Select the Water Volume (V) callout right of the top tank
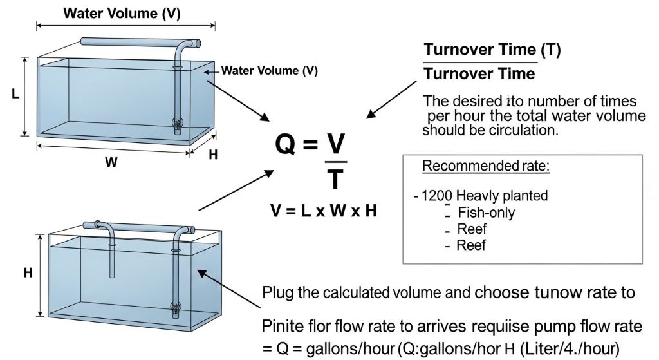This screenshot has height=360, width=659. click(270, 71)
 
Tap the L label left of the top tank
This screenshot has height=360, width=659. click(15, 94)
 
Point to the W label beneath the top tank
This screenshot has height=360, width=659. click(111, 163)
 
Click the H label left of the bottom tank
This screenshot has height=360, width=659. click(28, 272)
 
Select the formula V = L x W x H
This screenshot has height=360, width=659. click(324, 212)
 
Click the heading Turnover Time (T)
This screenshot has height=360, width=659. click(492, 50)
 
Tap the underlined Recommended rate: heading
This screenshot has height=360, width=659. click(486, 166)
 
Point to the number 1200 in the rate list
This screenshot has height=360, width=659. click(438, 196)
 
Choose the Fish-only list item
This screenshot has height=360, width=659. click(486, 213)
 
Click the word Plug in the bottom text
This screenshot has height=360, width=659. click(277, 292)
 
